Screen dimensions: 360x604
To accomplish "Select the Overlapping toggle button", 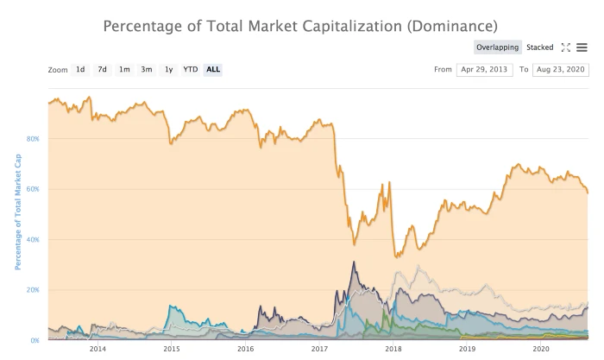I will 497,47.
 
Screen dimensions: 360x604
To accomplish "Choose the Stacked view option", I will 539,47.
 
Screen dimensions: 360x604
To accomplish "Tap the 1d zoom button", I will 80,69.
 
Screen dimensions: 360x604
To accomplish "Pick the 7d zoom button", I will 102,69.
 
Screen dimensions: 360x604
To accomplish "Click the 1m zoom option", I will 124,69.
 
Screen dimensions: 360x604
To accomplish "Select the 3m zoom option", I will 147,69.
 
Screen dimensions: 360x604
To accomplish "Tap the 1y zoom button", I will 169,69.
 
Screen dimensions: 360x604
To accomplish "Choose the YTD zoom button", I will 190,69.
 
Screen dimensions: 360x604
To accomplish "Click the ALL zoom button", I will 213,69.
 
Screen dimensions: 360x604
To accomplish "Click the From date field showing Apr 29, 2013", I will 484,69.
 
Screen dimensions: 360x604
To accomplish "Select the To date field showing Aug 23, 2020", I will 560,69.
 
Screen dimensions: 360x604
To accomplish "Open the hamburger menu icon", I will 582,47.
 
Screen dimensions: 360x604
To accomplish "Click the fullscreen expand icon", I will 566,47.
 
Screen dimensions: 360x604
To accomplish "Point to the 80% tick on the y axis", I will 33,138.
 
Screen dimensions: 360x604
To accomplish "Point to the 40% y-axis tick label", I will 33,239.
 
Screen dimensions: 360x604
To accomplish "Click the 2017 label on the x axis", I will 319,349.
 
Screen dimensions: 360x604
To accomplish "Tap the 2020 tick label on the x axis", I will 541,349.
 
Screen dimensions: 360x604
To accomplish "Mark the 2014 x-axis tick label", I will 98,349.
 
